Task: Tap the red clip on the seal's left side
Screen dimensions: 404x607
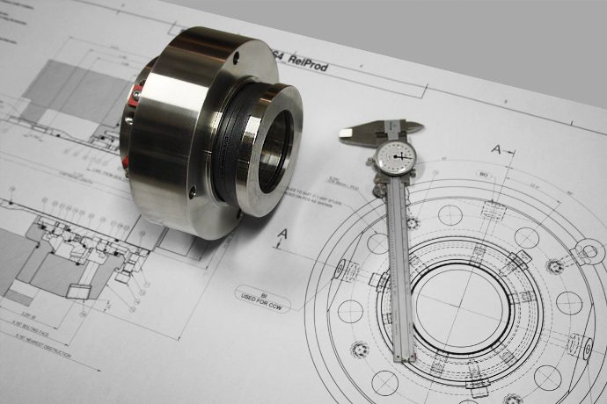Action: [x=137, y=91]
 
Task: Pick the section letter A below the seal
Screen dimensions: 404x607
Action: [x=283, y=234]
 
